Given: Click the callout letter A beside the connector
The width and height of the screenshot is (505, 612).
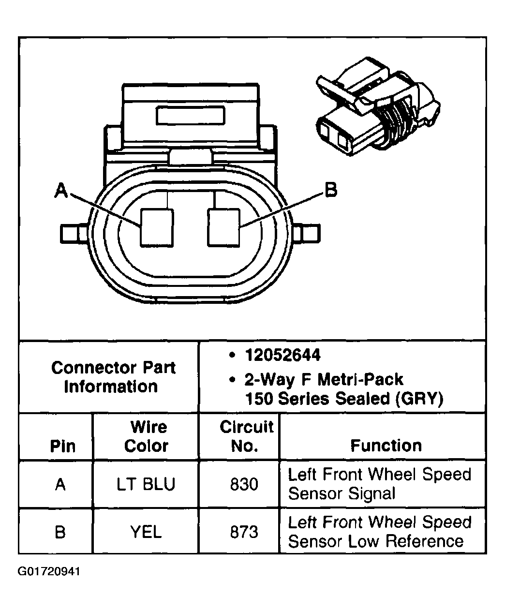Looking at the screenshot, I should (x=60, y=191).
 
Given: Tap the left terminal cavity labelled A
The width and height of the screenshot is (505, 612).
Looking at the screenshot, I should (x=156, y=226).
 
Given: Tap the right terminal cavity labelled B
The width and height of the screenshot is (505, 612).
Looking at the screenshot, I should (x=224, y=226).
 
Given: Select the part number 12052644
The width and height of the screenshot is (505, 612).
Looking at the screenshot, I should (x=282, y=356).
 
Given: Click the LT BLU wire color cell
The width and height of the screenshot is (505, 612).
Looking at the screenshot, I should (x=146, y=484).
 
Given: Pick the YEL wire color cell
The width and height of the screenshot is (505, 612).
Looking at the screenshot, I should (x=146, y=532).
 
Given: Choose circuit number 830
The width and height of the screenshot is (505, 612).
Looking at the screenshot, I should (x=244, y=484).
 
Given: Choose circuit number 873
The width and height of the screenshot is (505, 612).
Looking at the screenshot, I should (x=244, y=532).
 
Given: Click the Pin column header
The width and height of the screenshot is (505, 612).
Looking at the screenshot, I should (x=62, y=446).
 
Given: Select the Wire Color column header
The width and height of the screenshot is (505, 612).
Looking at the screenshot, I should (x=146, y=436).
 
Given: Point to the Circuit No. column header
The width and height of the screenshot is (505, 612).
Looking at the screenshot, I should (x=246, y=436).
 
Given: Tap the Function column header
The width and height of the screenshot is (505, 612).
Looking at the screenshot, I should (x=386, y=446).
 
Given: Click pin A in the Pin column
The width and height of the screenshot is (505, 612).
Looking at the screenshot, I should (x=60, y=484).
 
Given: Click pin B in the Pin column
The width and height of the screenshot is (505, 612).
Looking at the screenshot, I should (x=60, y=532).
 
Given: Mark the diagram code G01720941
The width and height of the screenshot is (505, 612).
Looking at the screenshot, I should (x=50, y=572).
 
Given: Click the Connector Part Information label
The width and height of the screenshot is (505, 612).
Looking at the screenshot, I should (x=113, y=377).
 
